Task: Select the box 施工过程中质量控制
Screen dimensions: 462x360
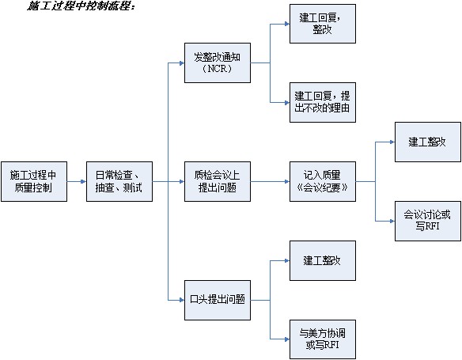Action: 34,181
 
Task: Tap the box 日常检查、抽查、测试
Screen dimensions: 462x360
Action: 119,181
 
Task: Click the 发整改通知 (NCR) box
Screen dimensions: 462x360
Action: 218,63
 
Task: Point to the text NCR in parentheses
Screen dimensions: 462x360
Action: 218,69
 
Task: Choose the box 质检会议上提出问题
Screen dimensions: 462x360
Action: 218,181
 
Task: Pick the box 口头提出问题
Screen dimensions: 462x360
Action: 218,300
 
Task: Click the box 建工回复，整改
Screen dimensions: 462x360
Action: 323,24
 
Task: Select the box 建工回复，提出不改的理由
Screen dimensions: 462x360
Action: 323,103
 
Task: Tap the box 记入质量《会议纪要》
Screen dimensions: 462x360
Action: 323,181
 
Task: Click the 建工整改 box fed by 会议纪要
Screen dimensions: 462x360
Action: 428,142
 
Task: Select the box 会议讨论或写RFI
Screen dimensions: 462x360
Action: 428,221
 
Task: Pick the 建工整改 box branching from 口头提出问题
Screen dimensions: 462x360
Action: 323,261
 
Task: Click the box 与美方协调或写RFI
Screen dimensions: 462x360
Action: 323,339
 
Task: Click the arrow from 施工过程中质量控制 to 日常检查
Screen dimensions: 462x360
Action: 77,181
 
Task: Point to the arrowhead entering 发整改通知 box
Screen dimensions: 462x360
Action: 182,63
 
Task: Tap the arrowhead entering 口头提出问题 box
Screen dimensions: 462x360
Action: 182,300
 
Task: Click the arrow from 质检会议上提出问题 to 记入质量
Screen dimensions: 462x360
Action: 271,181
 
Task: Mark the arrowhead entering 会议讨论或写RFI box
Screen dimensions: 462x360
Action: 392,221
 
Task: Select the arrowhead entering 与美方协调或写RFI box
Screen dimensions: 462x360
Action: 287,339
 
